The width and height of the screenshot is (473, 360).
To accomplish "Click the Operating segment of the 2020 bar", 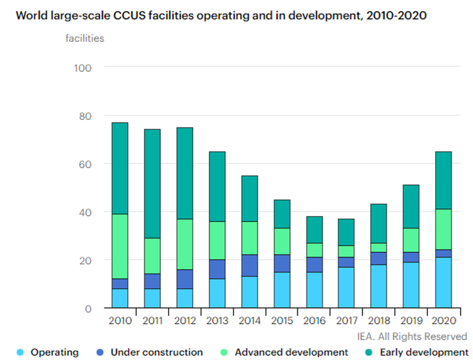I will click(443, 282).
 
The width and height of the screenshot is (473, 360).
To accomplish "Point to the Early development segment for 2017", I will click(346, 232).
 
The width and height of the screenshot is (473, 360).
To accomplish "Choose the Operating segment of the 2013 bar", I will click(217, 293).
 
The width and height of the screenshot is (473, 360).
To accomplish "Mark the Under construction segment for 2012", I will click(184, 279).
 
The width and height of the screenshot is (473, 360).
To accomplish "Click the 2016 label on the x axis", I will click(314, 321).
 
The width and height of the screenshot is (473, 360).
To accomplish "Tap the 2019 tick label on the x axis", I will click(411, 321).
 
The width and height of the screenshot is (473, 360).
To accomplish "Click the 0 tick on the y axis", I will click(88, 308).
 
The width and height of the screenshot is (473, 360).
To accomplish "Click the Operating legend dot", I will click(21, 352).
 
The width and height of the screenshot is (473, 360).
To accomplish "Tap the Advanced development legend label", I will click(291, 352).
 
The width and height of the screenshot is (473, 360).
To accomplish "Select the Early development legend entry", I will click(424, 352).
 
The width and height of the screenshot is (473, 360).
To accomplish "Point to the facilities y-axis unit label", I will click(85, 38).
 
